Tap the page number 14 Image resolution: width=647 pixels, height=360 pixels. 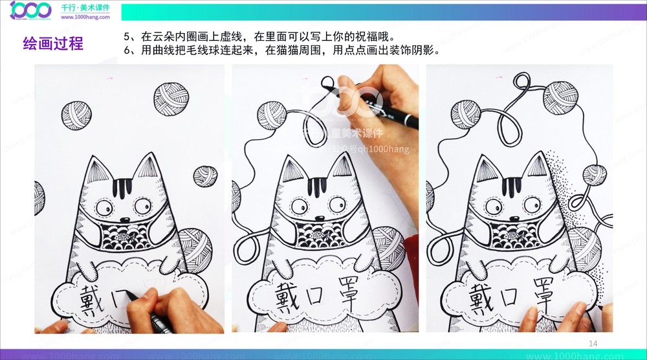pos(593,342)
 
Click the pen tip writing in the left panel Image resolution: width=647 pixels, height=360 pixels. pos(127,295)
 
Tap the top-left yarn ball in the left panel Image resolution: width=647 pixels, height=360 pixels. pos(77,115)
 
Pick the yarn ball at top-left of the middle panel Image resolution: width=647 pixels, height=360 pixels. pos(271,115)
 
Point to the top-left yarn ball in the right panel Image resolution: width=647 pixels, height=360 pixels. pos(465,115)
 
